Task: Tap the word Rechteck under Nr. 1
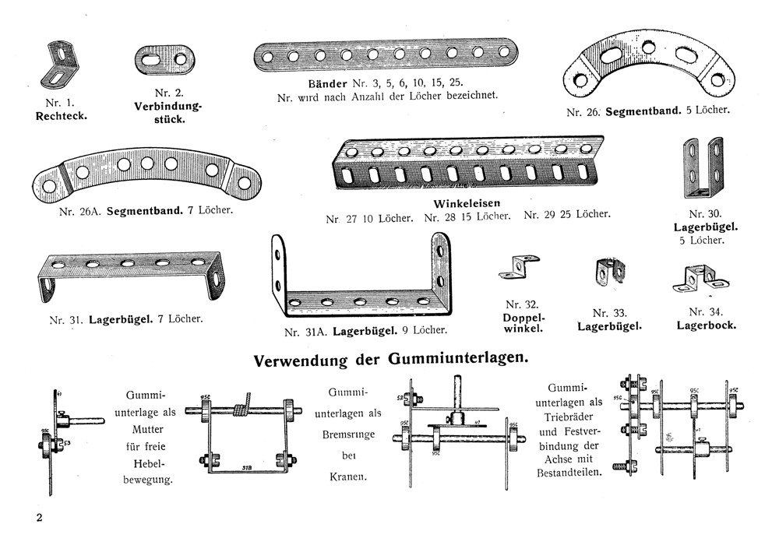click(x=62, y=117)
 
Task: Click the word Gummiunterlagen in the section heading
click(x=456, y=360)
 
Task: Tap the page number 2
click(x=37, y=518)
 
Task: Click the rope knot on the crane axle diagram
click(x=245, y=404)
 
